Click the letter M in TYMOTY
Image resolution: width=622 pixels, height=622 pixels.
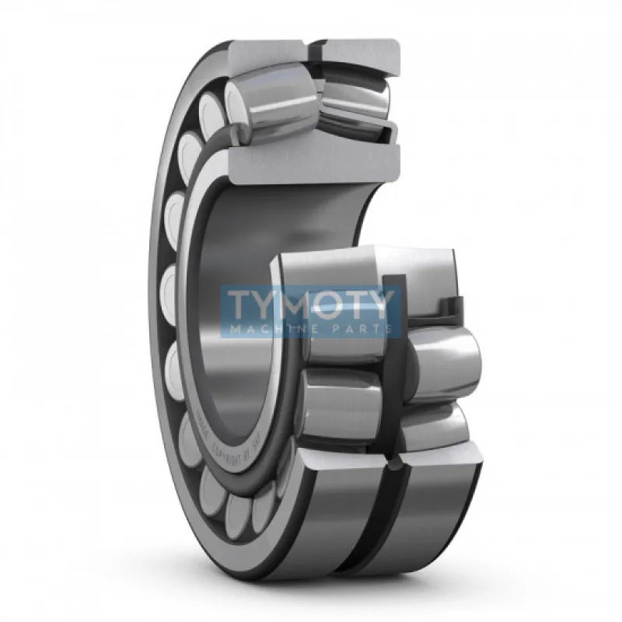292,305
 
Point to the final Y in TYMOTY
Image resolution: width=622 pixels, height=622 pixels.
383,305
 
